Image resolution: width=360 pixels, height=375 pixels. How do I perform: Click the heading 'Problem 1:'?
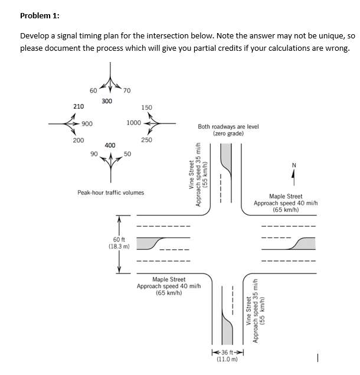pyautogui.click(x=40, y=15)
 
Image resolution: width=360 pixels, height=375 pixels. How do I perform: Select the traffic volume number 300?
pyautogui.click(x=107, y=102)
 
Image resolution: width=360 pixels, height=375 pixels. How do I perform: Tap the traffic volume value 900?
pyautogui.click(x=87, y=123)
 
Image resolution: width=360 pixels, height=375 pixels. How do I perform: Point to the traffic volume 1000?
pyautogui.click(x=133, y=123)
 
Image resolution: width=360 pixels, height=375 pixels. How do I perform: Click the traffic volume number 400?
pyautogui.click(x=110, y=145)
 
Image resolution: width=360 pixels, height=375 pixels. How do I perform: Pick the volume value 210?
pyautogui.click(x=78, y=106)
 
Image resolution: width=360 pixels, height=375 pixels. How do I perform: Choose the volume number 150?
pyautogui.click(x=147, y=107)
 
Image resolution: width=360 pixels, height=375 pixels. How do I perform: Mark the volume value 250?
pyautogui.click(x=146, y=140)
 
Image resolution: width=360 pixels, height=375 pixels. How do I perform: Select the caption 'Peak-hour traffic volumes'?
pyautogui.click(x=111, y=193)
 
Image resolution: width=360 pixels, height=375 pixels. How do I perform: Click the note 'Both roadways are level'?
pyautogui.click(x=228, y=126)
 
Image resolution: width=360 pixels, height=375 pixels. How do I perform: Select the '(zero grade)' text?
pyautogui.click(x=228, y=134)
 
